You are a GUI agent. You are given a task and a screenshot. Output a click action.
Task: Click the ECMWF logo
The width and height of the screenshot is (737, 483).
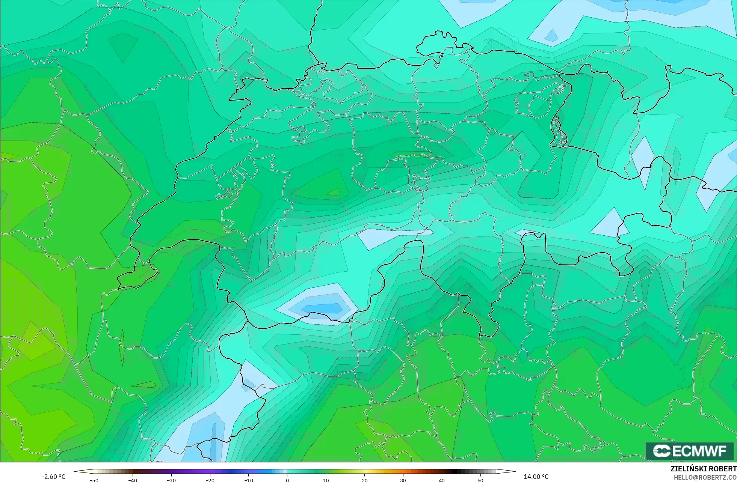[x=689, y=451]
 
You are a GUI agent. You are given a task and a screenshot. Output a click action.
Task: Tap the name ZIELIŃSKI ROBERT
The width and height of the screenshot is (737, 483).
[x=703, y=469]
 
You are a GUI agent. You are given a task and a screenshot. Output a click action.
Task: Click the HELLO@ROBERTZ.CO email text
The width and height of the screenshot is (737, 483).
[x=705, y=477]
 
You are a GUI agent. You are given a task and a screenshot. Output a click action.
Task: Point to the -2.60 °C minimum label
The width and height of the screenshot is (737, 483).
[x=53, y=477]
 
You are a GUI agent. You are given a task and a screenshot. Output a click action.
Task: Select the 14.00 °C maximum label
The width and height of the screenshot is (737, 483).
[x=536, y=477]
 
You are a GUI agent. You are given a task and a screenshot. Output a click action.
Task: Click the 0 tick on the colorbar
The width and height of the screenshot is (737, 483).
[x=287, y=480]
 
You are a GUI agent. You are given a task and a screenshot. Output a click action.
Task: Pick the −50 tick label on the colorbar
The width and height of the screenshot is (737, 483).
[x=94, y=480]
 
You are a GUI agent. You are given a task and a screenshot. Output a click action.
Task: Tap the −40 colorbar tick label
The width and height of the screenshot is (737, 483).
[x=133, y=480]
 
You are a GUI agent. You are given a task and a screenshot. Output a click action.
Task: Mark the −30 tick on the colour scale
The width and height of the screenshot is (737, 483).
[x=171, y=480]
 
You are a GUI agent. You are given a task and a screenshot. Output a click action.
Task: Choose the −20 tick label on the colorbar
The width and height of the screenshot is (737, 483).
[x=210, y=480]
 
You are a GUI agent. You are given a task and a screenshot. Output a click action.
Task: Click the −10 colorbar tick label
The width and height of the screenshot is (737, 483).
[x=249, y=480]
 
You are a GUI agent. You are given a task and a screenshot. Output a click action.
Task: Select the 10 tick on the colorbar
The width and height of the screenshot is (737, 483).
[x=326, y=480]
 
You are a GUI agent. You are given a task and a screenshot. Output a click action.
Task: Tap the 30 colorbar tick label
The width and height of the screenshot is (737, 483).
[x=403, y=480]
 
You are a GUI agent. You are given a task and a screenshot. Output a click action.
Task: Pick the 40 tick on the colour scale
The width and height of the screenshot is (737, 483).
[x=442, y=480]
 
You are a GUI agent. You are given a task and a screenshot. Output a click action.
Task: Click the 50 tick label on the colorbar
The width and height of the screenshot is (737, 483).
[x=480, y=480]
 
